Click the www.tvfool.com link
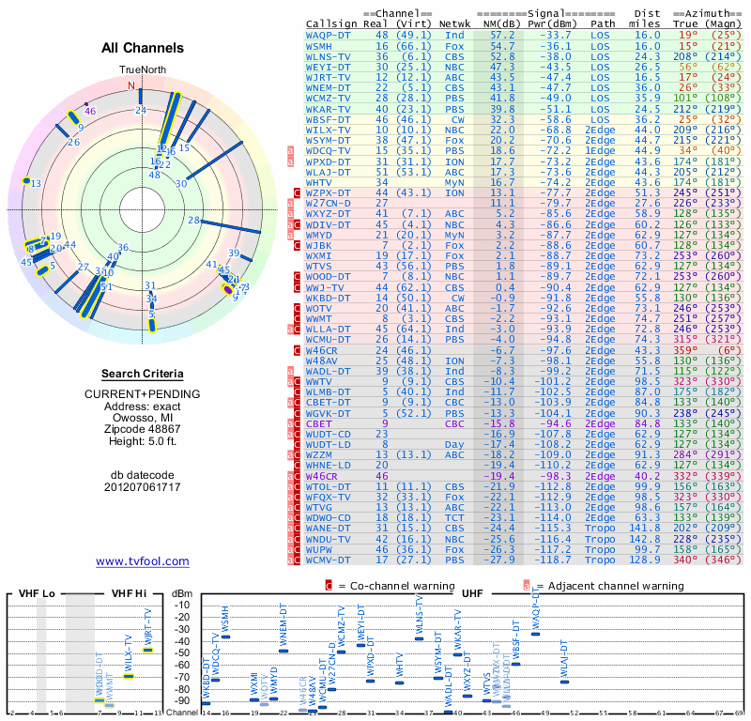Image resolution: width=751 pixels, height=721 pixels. [x=143, y=561]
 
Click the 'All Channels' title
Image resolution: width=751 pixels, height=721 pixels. [x=143, y=48]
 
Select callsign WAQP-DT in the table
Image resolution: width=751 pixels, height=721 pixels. [x=329, y=35]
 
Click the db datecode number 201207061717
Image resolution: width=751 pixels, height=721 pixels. [x=143, y=487]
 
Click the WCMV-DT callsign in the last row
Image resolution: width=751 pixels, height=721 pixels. [x=329, y=560]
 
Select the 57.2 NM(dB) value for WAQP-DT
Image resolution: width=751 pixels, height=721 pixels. [x=502, y=35]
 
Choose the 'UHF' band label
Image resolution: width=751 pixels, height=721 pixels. [x=474, y=594]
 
